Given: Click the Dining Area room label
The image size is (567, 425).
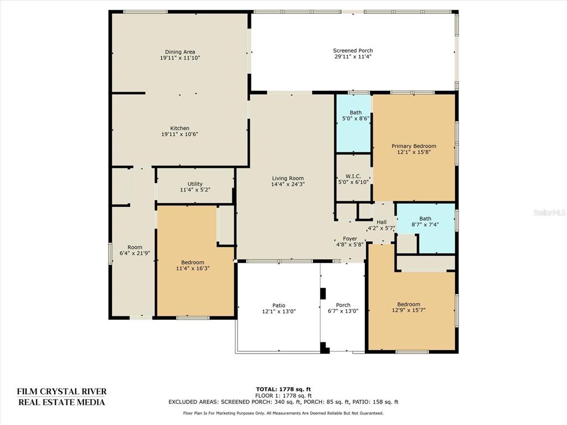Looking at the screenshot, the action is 180,52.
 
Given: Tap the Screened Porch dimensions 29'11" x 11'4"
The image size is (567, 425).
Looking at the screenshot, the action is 353,56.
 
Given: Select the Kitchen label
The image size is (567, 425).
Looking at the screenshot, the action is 180,128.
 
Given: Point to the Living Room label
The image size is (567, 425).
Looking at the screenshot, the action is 288,178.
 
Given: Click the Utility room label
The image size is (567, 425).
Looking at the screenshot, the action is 195,184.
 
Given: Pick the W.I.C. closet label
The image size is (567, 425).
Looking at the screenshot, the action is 353,177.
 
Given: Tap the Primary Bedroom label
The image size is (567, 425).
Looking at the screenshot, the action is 414,146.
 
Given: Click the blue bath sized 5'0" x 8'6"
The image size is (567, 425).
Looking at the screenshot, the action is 354,123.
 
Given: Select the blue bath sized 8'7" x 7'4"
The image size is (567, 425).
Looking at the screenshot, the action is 426,228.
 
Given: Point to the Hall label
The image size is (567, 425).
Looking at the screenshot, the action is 382,222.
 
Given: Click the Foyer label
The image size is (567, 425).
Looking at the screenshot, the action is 350,239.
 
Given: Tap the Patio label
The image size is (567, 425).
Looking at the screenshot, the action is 279,305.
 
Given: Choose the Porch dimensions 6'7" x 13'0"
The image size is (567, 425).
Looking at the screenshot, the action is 343,311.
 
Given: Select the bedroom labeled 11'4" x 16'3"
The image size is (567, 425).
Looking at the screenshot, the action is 195,261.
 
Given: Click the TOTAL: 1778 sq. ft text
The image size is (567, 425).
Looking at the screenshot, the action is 283,389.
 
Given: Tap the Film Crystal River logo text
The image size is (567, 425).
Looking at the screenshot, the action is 62,396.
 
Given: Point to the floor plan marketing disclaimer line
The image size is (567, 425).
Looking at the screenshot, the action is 283,413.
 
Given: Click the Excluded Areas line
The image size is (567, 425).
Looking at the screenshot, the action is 283,402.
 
